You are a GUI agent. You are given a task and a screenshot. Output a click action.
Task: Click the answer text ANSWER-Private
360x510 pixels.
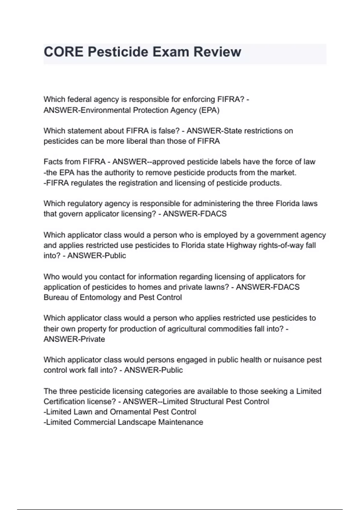pyautogui.click(x=74, y=339)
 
